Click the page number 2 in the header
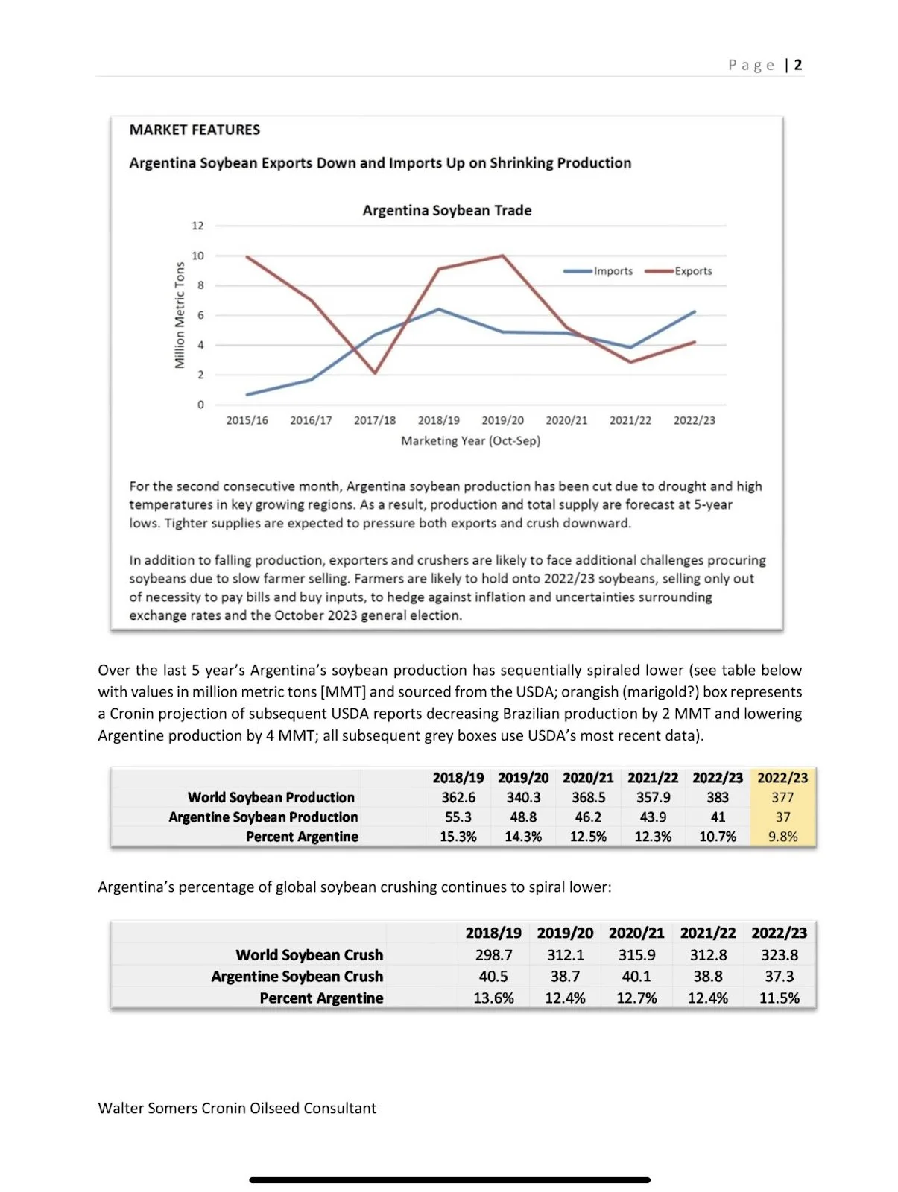pyautogui.click(x=798, y=65)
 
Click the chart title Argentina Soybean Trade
pyautogui.click(x=447, y=210)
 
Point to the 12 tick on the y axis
pyautogui.click(x=197, y=226)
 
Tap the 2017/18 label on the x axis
pyautogui.click(x=375, y=420)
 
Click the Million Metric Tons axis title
pyautogui.click(x=180, y=315)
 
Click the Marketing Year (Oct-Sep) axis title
pyautogui.click(x=470, y=440)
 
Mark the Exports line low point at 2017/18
pyautogui.click(x=375, y=372)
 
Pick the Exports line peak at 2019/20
pyautogui.click(x=503, y=256)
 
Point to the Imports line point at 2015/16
pyautogui.click(x=247, y=394)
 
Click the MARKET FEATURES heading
pyautogui.click(x=195, y=130)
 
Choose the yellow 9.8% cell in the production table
pyautogui.click(x=782, y=837)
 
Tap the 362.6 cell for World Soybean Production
pyautogui.click(x=458, y=797)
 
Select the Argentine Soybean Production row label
pyautogui.click(x=263, y=817)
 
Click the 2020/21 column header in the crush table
pyautogui.click(x=636, y=933)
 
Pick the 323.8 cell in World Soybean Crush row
pyautogui.click(x=779, y=954)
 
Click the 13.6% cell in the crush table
pyautogui.click(x=493, y=998)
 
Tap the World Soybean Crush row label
pyautogui.click(x=309, y=954)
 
